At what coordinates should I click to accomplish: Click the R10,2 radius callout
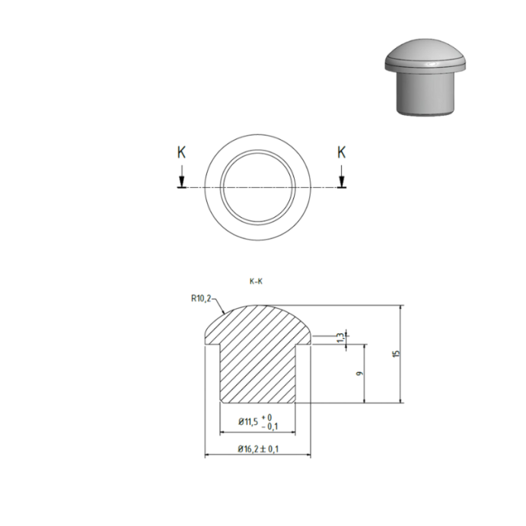pyautogui.click(x=202, y=298)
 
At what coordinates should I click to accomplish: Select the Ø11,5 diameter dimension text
pyautogui.click(x=248, y=421)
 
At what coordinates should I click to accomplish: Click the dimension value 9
pyautogui.click(x=358, y=374)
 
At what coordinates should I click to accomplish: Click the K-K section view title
pyautogui.click(x=256, y=282)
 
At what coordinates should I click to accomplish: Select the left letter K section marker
pyautogui.click(x=180, y=152)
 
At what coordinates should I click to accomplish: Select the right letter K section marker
pyautogui.click(x=342, y=152)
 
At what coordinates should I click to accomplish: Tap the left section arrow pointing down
pyautogui.click(x=180, y=180)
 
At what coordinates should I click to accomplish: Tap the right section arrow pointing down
pyautogui.click(x=342, y=180)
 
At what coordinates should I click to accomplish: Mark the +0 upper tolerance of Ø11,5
pyautogui.click(x=267, y=417)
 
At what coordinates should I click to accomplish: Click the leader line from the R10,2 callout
pyautogui.click(x=219, y=305)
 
